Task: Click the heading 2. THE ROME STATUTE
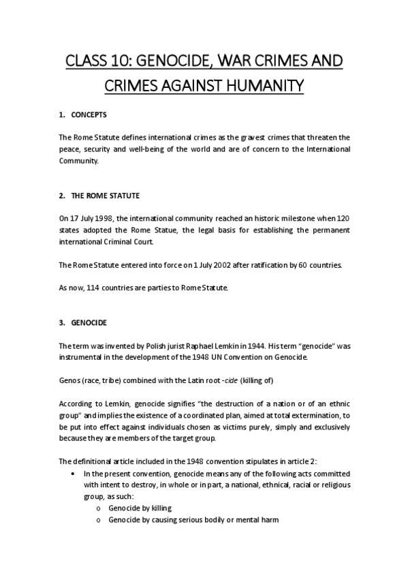click(x=99, y=196)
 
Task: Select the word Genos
click(x=70, y=379)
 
